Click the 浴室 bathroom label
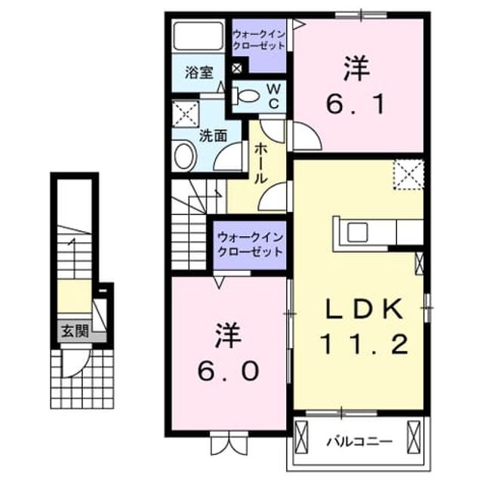pyautogui.click(x=198, y=72)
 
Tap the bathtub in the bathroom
pyautogui.click(x=198, y=35)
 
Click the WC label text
pyautogui.click(x=274, y=97)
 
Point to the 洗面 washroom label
pyautogui.click(x=214, y=136)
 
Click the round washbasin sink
pyautogui.click(x=184, y=156)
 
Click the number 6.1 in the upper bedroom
pyautogui.click(x=355, y=104)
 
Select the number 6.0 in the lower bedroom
pyautogui.click(x=227, y=371)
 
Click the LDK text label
pyautogui.click(x=365, y=308)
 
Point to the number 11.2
pyautogui.click(x=365, y=344)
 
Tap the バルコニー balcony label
pyautogui.click(x=359, y=441)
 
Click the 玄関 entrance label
pyautogui.click(x=75, y=331)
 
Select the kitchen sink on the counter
pyautogui.click(x=358, y=232)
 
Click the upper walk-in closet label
pyautogui.click(x=259, y=40)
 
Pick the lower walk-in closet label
pyautogui.click(x=250, y=245)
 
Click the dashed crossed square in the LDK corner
pyautogui.click(x=408, y=174)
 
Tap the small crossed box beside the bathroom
pyautogui.click(x=237, y=68)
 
